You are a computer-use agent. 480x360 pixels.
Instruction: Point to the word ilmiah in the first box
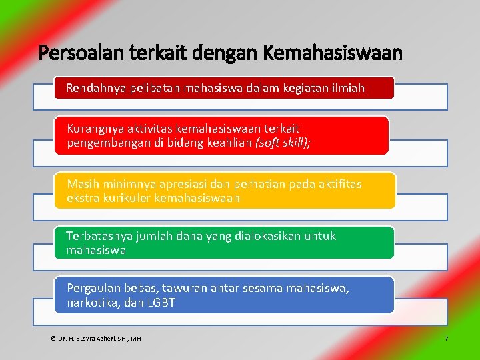(347, 87)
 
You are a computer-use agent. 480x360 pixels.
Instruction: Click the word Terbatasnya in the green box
(98, 236)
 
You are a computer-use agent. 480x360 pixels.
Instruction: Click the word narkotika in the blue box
(93, 303)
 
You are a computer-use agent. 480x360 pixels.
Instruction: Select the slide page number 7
(447, 339)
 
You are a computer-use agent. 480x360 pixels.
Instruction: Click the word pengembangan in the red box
(107, 143)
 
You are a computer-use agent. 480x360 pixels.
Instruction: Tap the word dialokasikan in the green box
(267, 236)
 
